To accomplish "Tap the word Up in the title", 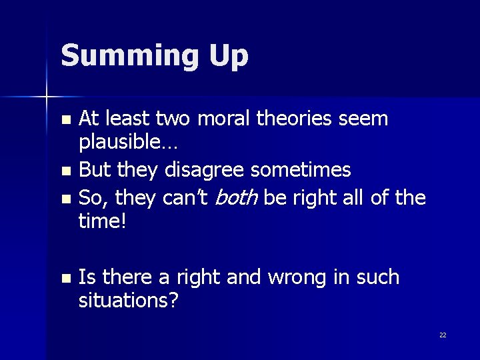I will point(229,56).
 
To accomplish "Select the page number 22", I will point(443,335).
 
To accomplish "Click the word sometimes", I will point(301,170).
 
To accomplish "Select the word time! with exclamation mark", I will point(102,221).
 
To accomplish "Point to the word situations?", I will point(129,301).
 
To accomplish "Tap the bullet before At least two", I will point(65,121).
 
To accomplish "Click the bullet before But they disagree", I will point(65,172).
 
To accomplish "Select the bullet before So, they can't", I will point(65,199).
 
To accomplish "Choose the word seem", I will point(363,119).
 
